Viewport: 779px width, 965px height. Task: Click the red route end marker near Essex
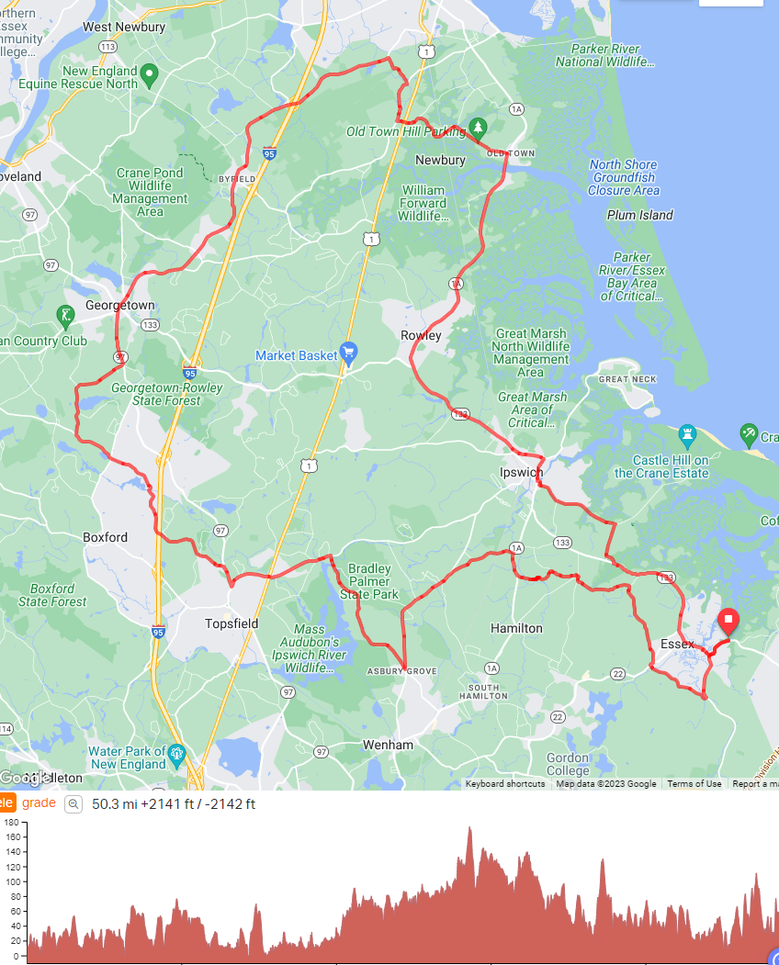728,621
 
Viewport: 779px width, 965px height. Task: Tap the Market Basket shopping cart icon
347,351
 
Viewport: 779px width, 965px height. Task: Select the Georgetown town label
120,305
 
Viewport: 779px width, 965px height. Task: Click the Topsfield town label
231,623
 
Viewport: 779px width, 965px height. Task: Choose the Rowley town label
421,335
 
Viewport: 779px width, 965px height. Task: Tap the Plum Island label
640,215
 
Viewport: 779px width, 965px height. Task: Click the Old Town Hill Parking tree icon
477,126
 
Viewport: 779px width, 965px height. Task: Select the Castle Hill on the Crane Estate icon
687,433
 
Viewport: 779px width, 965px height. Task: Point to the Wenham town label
388,745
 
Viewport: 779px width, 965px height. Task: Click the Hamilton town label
516,628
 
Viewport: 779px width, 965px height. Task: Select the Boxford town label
106,537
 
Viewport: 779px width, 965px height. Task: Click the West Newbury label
124,27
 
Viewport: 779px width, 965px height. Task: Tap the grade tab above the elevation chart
39,802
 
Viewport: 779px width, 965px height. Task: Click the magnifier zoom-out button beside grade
73,804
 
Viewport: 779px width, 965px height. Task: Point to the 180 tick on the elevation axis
11,823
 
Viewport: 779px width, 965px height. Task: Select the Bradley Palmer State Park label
369,581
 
